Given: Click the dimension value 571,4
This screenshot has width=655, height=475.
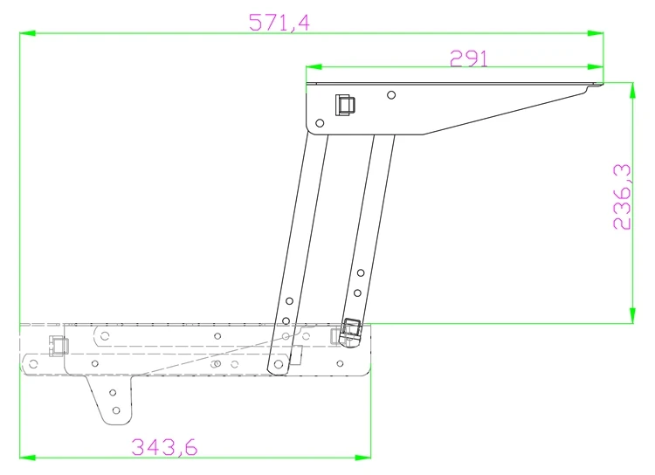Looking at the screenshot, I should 279,22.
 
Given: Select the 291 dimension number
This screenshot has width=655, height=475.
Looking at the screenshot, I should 468,58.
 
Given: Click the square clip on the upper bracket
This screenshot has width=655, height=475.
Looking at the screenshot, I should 345,105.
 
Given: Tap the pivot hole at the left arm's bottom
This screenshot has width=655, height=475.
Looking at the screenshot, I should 277,363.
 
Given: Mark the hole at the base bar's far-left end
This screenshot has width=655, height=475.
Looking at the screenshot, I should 31,361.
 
